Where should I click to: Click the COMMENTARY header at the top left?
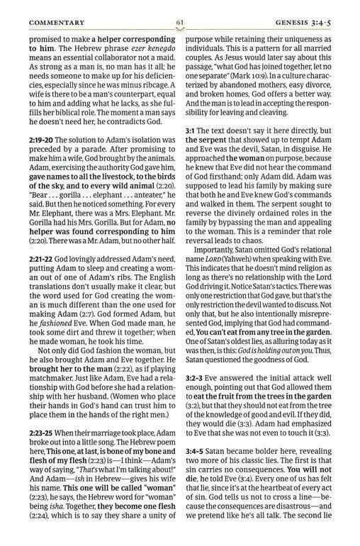pyautogui.click(x=53, y=22)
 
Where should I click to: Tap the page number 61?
pyautogui.click(x=180, y=22)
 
